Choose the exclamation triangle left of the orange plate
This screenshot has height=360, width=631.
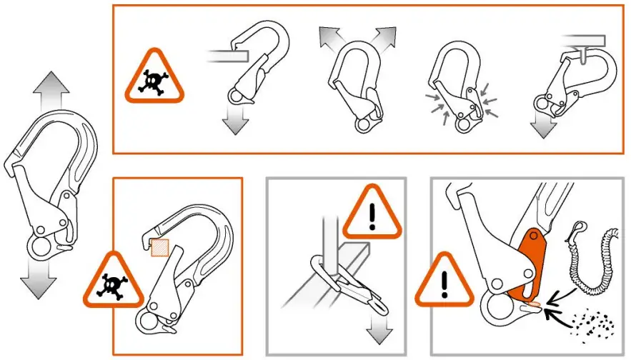tap(445, 281)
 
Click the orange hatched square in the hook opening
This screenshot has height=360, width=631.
tap(160, 248)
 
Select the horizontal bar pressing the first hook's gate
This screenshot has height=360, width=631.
tap(226, 54)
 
